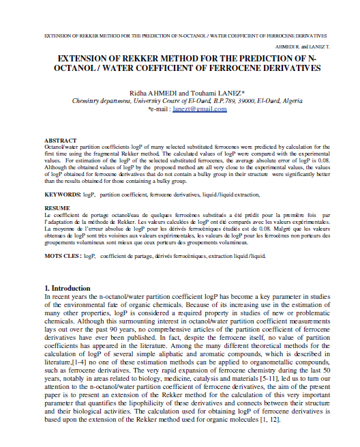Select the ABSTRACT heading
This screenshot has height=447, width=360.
59,140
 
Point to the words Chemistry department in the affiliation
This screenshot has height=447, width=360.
101,100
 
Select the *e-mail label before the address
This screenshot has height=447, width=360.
159,109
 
